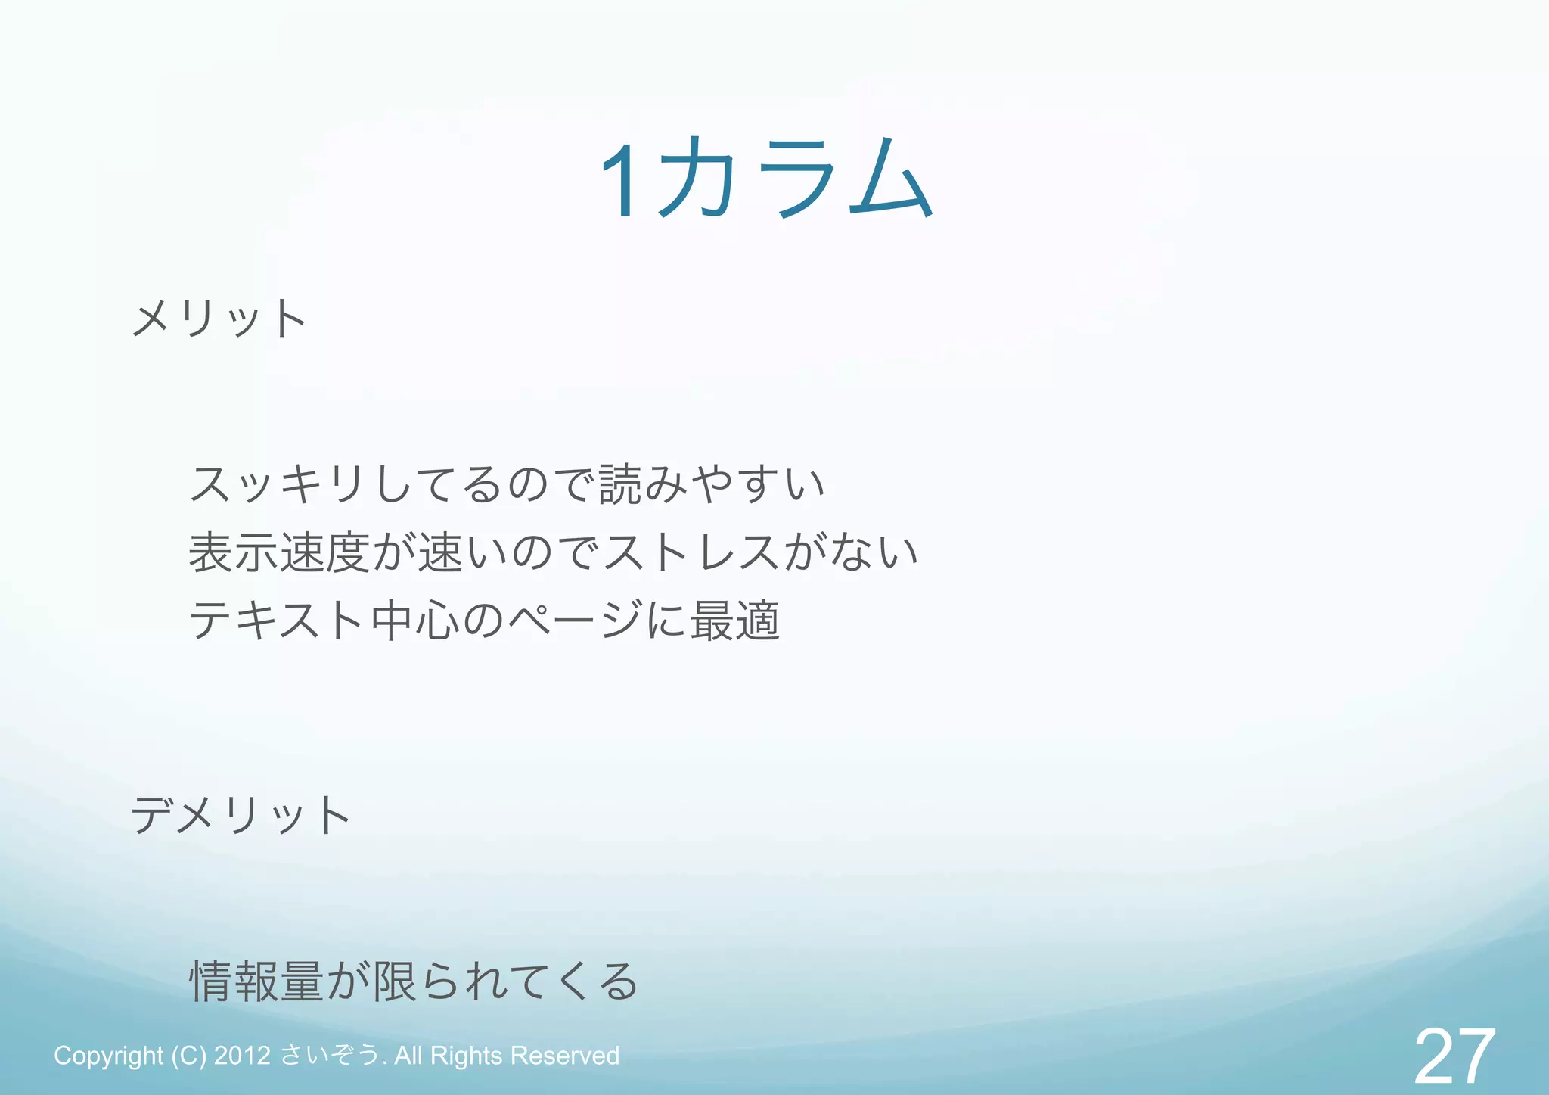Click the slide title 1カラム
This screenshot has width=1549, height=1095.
click(x=765, y=180)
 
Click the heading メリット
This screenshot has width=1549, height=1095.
click(x=219, y=318)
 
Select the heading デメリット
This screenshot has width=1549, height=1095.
click(x=241, y=815)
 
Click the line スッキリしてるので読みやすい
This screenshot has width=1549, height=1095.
click(x=507, y=484)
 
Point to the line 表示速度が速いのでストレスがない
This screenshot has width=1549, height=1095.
click(x=553, y=552)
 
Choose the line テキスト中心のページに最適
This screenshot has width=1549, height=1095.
click(x=484, y=620)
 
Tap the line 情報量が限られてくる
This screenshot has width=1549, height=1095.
click(x=413, y=981)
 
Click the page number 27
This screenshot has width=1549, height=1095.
click(x=1454, y=1056)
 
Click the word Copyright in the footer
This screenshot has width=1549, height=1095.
click(x=108, y=1056)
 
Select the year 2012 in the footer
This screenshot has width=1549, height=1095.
click(x=242, y=1056)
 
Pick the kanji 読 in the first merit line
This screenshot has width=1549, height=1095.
click(x=620, y=484)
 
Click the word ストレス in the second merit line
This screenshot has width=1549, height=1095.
click(x=690, y=552)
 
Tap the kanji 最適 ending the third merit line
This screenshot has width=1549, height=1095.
click(x=734, y=620)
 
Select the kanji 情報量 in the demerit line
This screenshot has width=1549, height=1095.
click(x=256, y=981)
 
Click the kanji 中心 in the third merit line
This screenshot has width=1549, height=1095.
click(x=415, y=620)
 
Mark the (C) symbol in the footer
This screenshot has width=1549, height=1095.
click(x=188, y=1056)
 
